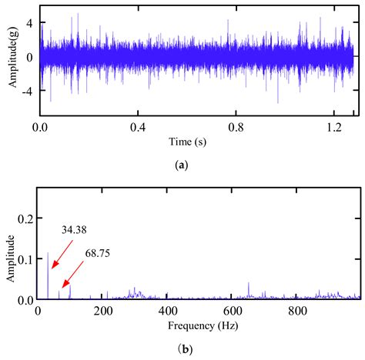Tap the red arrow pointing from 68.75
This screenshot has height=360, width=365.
(x=74, y=275)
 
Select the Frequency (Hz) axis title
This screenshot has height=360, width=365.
(x=198, y=326)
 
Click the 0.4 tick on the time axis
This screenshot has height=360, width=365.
(x=139, y=128)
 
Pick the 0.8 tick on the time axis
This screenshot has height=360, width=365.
(x=236, y=128)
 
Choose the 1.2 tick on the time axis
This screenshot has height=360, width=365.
(x=334, y=128)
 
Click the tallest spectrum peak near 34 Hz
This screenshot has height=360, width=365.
(x=48, y=254)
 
